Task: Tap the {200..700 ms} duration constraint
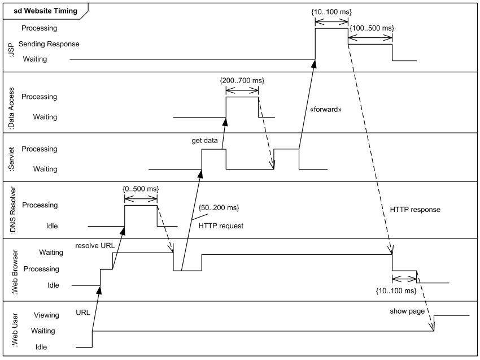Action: click(242, 81)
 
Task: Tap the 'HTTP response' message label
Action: click(415, 209)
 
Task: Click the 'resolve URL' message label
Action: click(95, 246)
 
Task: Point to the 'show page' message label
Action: click(407, 311)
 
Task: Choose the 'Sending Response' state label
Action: click(49, 44)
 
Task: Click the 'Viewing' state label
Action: click(47, 315)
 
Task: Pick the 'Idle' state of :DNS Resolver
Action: click(51, 226)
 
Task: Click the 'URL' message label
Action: click(82, 311)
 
